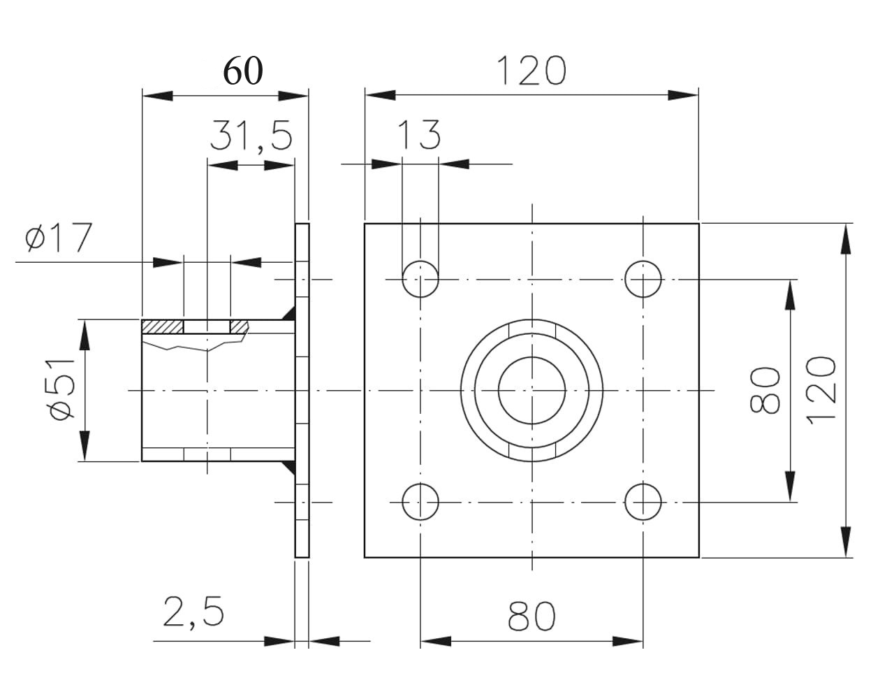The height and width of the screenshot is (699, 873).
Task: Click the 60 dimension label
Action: tap(242, 71)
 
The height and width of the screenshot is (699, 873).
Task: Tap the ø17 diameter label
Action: tap(59, 238)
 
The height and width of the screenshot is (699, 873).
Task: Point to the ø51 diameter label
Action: tap(62, 389)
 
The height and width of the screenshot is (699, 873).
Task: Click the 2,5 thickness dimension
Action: tap(193, 612)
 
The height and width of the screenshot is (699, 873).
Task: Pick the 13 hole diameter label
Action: tap(420, 135)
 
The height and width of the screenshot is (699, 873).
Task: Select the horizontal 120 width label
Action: tap(531, 71)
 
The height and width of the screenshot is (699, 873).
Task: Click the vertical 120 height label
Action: tap(822, 389)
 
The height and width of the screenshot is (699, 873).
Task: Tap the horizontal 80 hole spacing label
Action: tap(531, 617)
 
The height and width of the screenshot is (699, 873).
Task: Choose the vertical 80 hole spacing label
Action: tap(766, 390)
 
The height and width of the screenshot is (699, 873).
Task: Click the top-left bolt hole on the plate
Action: tap(420, 279)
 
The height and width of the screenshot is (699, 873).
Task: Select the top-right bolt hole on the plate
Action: tap(643, 279)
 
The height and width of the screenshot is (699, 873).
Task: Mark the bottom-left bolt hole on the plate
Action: tap(420, 502)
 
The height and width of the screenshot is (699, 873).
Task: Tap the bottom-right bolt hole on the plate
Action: tap(643, 502)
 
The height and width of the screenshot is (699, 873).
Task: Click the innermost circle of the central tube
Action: tap(531, 390)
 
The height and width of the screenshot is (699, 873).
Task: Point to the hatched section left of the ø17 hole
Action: tap(162, 326)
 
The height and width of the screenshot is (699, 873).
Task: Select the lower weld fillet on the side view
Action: tap(288, 468)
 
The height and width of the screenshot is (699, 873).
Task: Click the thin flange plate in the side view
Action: tap(302, 390)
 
